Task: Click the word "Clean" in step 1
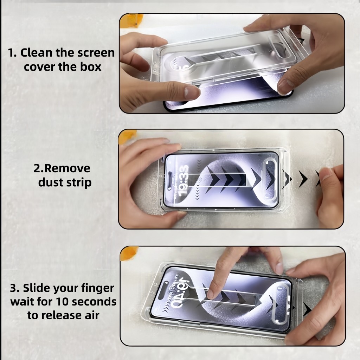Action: click(36, 53)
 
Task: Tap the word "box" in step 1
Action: click(91, 67)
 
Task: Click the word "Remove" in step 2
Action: click(67, 168)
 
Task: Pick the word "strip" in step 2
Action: click(79, 183)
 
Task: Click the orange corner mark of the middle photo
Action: click(127, 137)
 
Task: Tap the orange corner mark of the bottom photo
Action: click(129, 253)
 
